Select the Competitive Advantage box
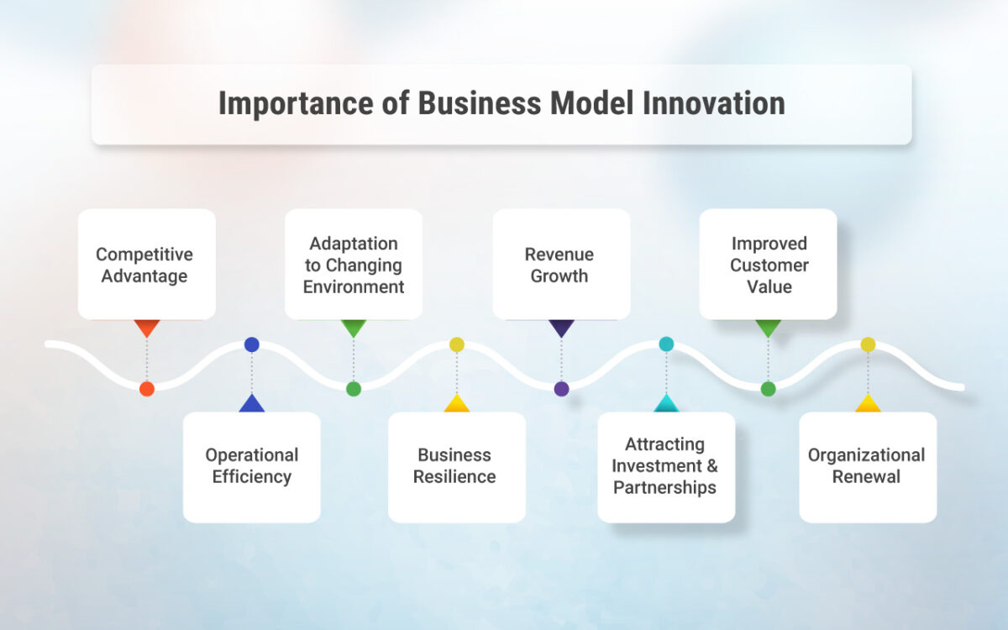147,265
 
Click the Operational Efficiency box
252,466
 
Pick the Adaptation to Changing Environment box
354,265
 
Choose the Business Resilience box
457,466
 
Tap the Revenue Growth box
561,265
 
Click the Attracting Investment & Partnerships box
665,466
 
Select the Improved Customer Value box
768,265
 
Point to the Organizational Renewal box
867,466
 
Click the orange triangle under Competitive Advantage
147,327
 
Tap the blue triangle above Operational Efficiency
252,404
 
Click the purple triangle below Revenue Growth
561,327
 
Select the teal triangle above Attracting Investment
666,404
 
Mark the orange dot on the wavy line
147,389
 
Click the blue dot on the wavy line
252,344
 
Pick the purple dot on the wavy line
561,389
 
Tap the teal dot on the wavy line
666,344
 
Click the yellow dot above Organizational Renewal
868,344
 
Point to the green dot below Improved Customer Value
768,389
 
